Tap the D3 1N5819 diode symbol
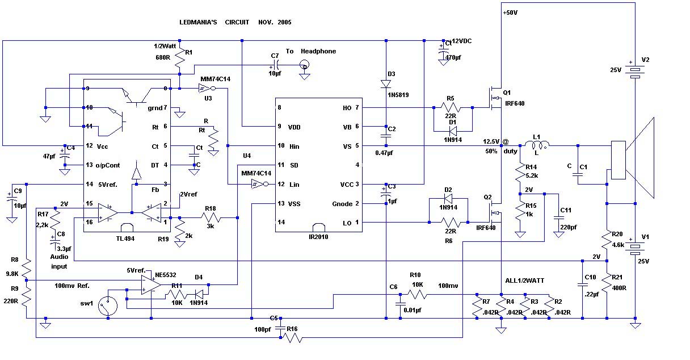(x=386, y=84)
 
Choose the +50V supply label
(x=511, y=12)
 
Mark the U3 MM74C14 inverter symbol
(x=205, y=89)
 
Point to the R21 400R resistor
(x=607, y=282)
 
